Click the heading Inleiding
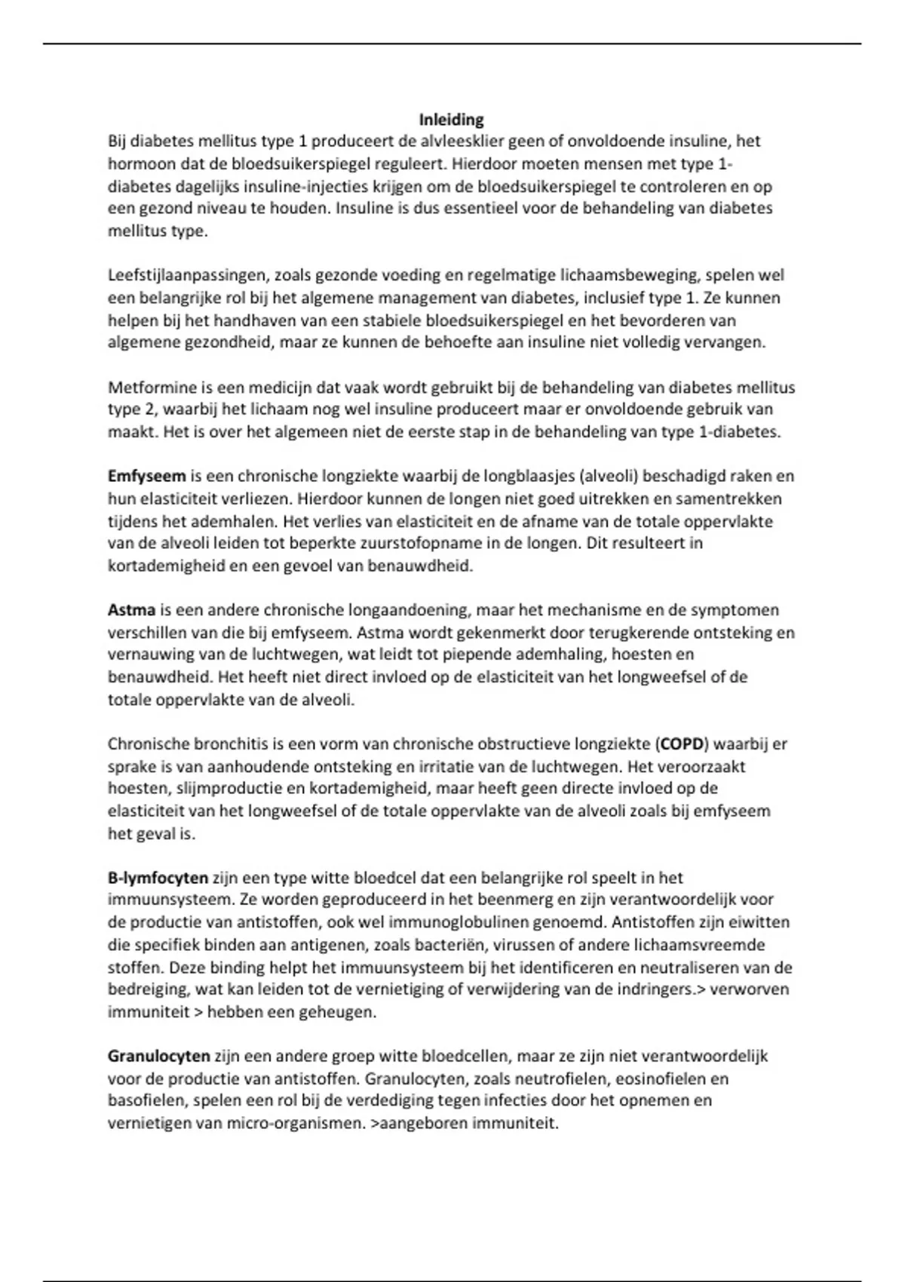(x=451, y=119)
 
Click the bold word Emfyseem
(x=146, y=477)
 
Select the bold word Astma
(x=131, y=610)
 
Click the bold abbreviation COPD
(x=681, y=744)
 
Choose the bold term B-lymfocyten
(x=158, y=878)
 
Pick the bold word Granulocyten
(x=158, y=1057)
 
